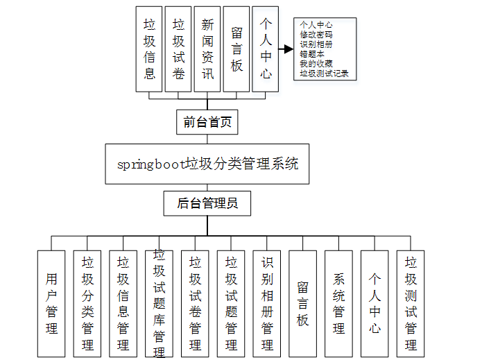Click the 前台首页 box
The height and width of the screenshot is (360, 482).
point(207,123)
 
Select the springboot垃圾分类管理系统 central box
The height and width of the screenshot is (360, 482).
point(207,164)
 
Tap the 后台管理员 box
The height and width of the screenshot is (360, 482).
point(207,203)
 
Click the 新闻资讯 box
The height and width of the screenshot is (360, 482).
point(207,49)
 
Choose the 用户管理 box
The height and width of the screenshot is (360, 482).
point(51,303)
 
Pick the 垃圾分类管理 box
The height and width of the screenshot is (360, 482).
point(87,303)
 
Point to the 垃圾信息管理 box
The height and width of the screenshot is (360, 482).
point(123,303)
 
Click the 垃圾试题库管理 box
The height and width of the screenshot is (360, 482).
point(159,303)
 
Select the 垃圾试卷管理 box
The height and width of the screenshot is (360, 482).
point(195,303)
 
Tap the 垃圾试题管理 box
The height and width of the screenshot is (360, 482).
point(231,303)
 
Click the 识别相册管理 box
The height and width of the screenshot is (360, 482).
point(267,303)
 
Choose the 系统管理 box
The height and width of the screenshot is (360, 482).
point(338,303)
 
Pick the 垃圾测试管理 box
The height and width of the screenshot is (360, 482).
point(411,303)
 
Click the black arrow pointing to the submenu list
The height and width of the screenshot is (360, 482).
point(285,49)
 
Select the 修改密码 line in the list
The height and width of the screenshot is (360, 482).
point(316,33)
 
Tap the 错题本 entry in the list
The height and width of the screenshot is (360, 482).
point(311,53)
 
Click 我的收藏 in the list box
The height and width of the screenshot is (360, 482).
point(316,62)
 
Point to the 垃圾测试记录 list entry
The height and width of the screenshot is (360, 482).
point(324,72)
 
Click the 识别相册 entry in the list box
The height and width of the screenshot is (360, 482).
point(316,43)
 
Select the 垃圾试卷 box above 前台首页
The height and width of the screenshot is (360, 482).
point(179,49)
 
